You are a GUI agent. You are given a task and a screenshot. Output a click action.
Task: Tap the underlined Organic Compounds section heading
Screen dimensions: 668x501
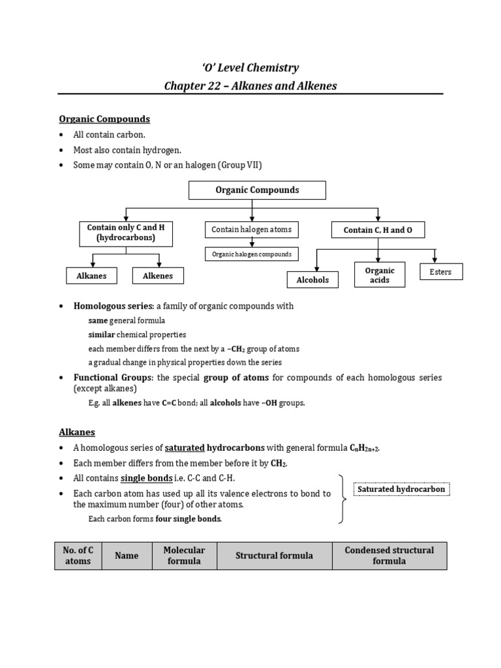(x=104, y=119)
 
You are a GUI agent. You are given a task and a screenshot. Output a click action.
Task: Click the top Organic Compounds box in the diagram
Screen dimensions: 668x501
(x=257, y=190)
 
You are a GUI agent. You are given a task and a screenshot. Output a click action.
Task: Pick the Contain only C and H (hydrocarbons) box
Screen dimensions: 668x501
(x=126, y=234)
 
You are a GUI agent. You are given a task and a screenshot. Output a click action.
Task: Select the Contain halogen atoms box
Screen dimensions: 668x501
(x=251, y=230)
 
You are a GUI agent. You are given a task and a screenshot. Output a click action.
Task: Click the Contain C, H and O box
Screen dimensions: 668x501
(x=378, y=230)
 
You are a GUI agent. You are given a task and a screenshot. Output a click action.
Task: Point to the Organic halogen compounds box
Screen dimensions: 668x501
(x=251, y=254)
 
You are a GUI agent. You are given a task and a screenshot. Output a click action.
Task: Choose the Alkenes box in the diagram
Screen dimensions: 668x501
(x=157, y=276)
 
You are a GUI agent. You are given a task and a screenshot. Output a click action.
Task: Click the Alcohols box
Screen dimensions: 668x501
(x=312, y=280)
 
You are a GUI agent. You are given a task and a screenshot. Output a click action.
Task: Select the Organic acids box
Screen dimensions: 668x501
(x=380, y=275)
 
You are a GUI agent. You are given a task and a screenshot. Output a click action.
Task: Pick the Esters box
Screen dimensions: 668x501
(x=440, y=271)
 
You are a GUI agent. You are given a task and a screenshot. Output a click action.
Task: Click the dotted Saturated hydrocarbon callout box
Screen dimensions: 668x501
(x=402, y=489)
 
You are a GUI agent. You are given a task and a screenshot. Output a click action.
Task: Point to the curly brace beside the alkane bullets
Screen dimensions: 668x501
(x=341, y=499)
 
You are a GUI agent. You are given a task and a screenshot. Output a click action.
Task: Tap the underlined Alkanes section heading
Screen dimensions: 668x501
(x=77, y=432)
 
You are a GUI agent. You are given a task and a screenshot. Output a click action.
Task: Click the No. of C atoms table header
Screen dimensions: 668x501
(x=78, y=556)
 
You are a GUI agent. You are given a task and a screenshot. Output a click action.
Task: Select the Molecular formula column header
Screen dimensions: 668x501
(x=184, y=556)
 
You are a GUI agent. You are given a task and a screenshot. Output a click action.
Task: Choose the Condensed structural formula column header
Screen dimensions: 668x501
(x=389, y=556)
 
